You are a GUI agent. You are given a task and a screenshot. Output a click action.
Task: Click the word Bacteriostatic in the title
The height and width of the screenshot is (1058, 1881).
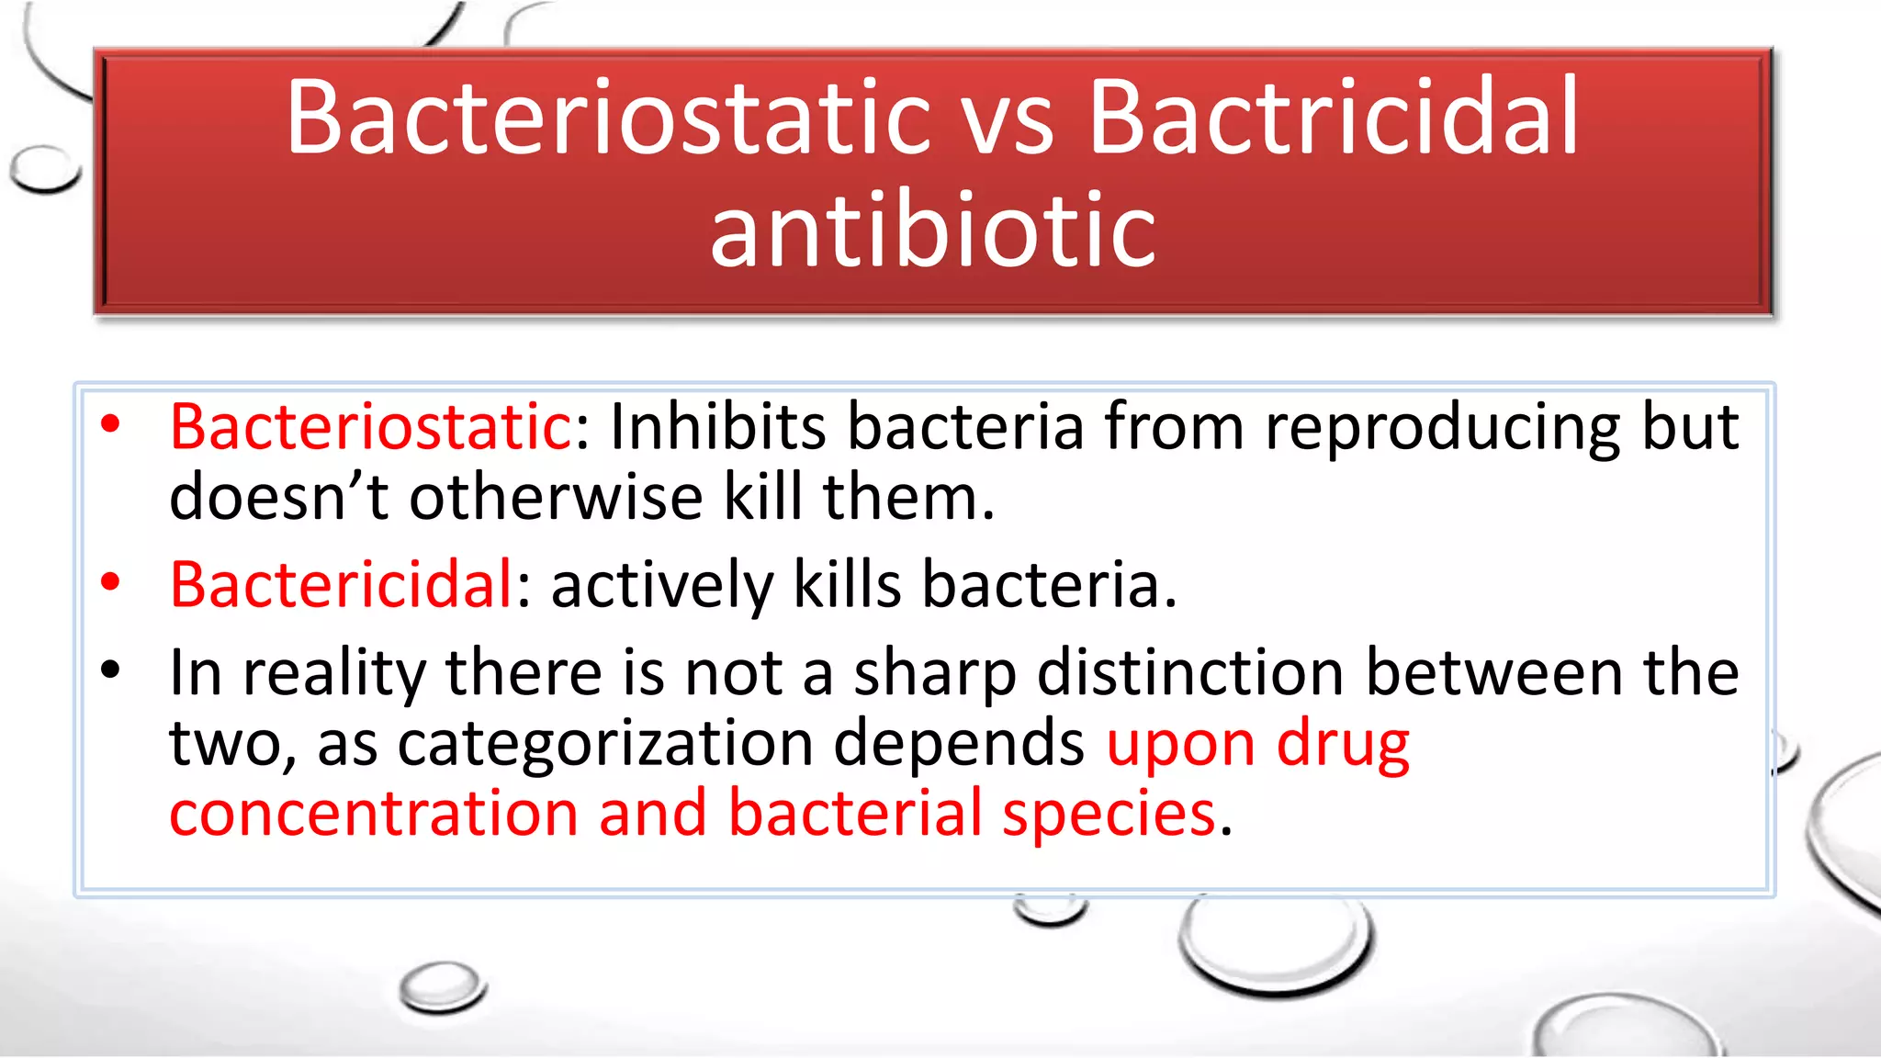tap(606, 118)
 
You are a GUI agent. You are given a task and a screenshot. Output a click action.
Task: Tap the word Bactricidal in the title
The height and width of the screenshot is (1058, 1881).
tap(1333, 118)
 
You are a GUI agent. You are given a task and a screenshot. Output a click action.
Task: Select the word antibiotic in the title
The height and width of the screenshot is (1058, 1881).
tap(932, 230)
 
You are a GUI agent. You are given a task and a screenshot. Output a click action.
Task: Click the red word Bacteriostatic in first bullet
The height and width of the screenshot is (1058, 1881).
tap(371, 428)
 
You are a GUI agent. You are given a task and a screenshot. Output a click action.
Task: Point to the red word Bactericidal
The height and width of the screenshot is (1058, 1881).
tap(341, 585)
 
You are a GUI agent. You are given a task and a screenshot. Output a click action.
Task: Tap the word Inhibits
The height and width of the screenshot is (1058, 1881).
tap(717, 428)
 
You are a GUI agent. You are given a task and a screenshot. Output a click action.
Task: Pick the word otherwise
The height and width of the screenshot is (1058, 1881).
tap(556, 498)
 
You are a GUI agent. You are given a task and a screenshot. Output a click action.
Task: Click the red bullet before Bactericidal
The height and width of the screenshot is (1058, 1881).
tap(111, 582)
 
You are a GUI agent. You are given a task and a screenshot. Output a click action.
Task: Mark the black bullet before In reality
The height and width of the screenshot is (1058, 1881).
tap(111, 670)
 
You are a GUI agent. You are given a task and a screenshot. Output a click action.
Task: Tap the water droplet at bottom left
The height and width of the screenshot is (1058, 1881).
tap(442, 986)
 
